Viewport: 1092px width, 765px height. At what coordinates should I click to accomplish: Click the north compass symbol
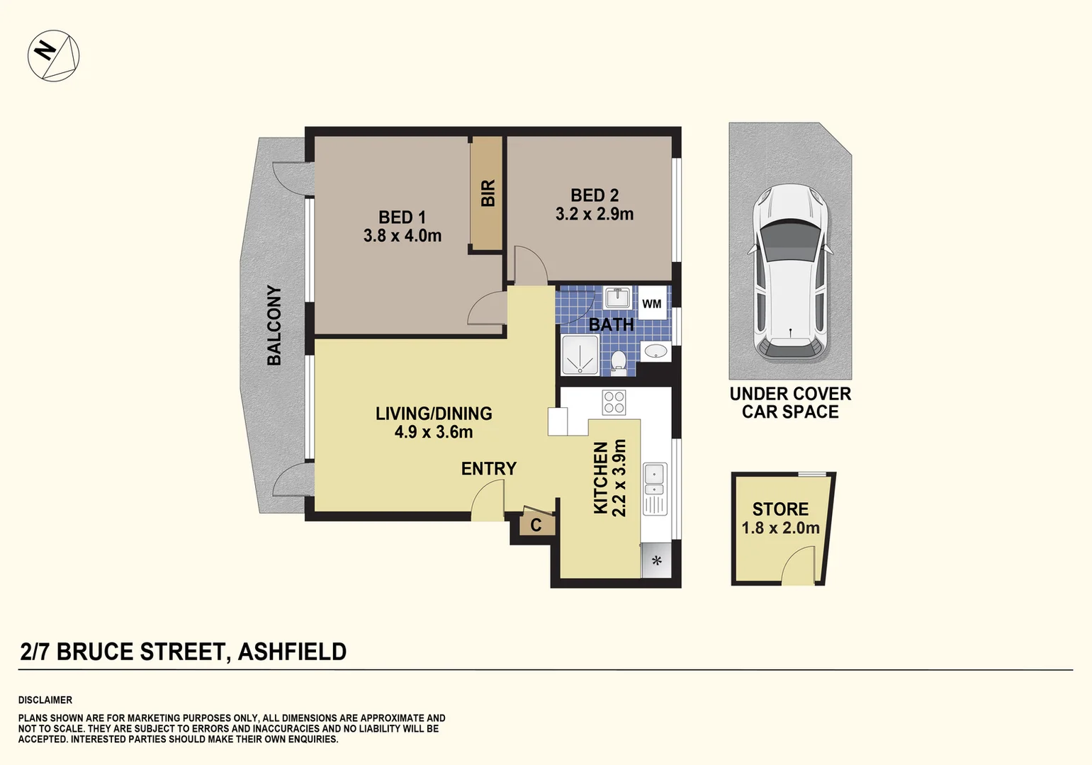(x=53, y=55)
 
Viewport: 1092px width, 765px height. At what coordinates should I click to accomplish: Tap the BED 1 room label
(x=402, y=217)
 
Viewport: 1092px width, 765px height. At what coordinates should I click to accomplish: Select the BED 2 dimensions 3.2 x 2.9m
(x=595, y=214)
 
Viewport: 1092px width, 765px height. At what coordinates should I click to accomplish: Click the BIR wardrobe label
(x=488, y=193)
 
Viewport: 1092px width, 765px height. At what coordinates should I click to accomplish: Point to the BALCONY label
(x=274, y=325)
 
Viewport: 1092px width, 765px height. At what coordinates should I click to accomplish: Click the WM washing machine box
(x=651, y=304)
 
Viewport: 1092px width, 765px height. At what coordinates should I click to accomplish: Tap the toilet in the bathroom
(x=618, y=361)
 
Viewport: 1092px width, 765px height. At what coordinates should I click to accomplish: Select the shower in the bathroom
(x=580, y=355)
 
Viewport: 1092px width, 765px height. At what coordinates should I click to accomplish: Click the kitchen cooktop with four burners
(x=614, y=402)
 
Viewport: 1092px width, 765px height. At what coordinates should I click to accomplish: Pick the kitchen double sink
(x=654, y=480)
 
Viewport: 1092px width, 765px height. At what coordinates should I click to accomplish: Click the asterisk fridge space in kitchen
(x=657, y=561)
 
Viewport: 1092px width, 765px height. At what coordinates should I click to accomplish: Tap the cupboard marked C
(x=536, y=525)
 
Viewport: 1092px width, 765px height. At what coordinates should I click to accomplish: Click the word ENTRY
(x=488, y=468)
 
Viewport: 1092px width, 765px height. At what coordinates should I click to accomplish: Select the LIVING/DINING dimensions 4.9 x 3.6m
(x=434, y=432)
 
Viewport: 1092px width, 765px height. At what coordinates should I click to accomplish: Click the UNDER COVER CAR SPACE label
(x=790, y=402)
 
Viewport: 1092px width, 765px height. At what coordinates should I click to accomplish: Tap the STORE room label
(x=780, y=509)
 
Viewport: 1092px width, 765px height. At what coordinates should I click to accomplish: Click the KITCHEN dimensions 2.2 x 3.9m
(x=619, y=478)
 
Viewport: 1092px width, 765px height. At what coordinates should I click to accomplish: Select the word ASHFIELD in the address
(x=292, y=652)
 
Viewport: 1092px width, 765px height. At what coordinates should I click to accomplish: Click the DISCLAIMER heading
(x=45, y=700)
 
